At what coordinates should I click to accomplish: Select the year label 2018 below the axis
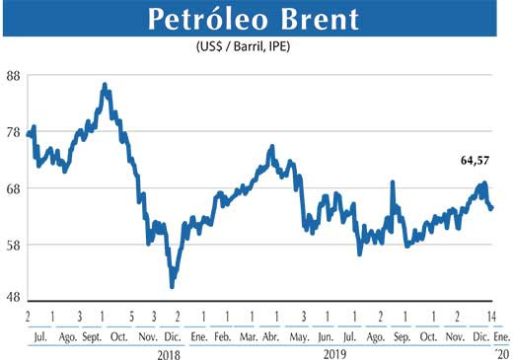171,352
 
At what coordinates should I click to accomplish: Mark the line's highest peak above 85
105,86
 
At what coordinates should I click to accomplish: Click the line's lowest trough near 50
173,286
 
